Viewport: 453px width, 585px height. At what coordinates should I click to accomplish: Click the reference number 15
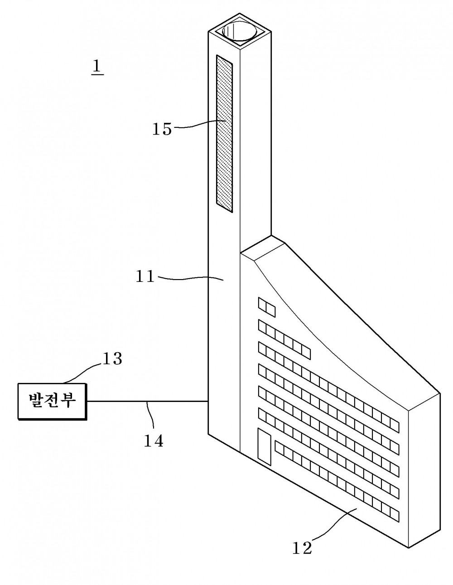click(x=162, y=129)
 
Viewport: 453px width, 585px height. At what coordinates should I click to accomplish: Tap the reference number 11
click(x=145, y=276)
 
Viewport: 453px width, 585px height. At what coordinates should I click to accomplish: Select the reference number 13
click(x=112, y=358)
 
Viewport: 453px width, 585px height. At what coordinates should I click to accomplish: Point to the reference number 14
click(x=153, y=441)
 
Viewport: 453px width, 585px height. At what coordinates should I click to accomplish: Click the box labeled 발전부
click(x=53, y=401)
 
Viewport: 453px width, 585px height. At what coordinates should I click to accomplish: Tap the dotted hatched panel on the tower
click(x=224, y=134)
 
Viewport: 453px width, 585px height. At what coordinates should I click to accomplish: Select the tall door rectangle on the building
click(x=264, y=447)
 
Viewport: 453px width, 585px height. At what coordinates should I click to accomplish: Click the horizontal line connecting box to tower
click(x=148, y=401)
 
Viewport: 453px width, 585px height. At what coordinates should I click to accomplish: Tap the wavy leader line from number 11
click(x=190, y=278)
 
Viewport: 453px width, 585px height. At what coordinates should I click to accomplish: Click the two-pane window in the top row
click(x=266, y=307)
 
